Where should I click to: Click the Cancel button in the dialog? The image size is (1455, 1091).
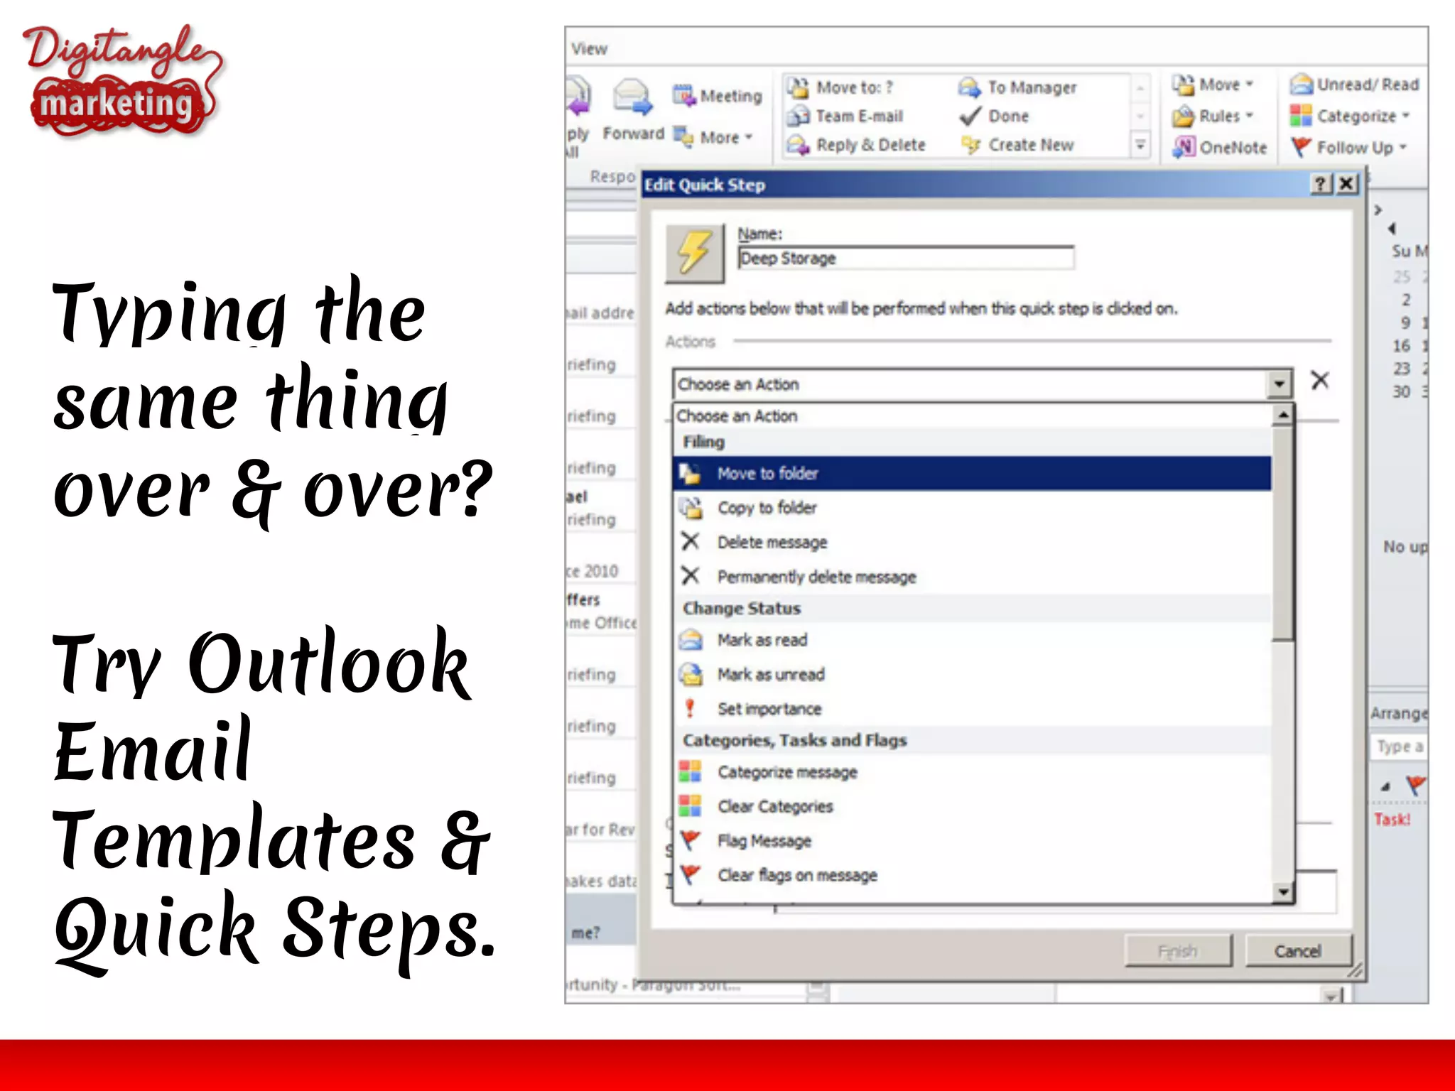click(x=1298, y=951)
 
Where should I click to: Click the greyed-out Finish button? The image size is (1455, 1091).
click(x=1178, y=951)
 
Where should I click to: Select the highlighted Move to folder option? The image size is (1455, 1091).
click(x=767, y=474)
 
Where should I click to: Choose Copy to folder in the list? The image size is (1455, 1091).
click(x=767, y=508)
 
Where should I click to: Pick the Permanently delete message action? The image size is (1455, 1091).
click(x=816, y=577)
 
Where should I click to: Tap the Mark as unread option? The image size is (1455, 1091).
click(x=771, y=674)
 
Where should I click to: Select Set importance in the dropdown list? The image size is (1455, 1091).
click(x=769, y=709)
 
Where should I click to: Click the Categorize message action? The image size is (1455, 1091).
click(x=787, y=772)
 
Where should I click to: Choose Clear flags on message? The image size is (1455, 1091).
click(x=797, y=875)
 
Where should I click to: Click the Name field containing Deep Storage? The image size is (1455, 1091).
click(x=905, y=258)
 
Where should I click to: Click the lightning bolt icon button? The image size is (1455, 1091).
click(x=694, y=253)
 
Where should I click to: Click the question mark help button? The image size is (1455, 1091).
click(x=1320, y=185)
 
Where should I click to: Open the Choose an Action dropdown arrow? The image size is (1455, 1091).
click(x=1279, y=384)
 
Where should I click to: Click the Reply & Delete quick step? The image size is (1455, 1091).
click(x=870, y=145)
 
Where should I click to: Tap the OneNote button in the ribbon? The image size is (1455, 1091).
click(x=1232, y=147)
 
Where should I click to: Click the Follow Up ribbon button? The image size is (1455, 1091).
click(x=1353, y=147)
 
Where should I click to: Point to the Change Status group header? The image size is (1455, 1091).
click(x=742, y=609)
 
